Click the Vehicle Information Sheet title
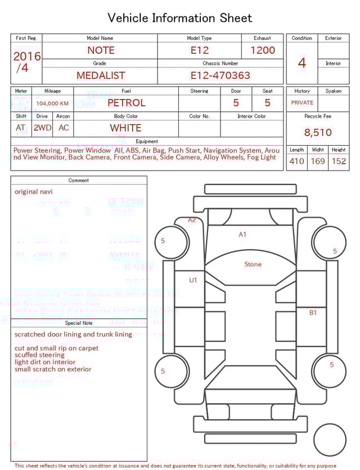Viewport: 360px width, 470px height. click(180, 18)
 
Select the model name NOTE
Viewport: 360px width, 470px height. click(100, 50)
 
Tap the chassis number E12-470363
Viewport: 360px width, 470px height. click(220, 75)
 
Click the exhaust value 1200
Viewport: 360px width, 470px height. click(263, 50)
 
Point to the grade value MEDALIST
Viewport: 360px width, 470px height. click(101, 75)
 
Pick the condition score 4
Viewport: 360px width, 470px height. click(302, 62)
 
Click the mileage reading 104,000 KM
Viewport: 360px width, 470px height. click(52, 104)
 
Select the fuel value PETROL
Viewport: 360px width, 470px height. click(126, 103)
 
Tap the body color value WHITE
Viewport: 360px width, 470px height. click(125, 128)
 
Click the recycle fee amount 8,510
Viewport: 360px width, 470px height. click(318, 133)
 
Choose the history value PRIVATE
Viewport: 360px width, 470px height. click(302, 103)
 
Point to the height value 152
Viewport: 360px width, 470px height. click(339, 161)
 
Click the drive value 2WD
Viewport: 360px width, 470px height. click(42, 128)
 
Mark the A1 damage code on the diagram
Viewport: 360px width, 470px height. click(242, 234)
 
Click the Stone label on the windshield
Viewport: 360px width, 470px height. click(253, 264)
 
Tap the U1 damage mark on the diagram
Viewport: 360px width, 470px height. click(193, 280)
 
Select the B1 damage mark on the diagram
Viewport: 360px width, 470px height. click(313, 312)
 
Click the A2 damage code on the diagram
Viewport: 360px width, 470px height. click(192, 220)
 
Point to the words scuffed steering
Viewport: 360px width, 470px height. click(39, 355)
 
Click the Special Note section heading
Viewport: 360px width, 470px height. click(79, 323)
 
